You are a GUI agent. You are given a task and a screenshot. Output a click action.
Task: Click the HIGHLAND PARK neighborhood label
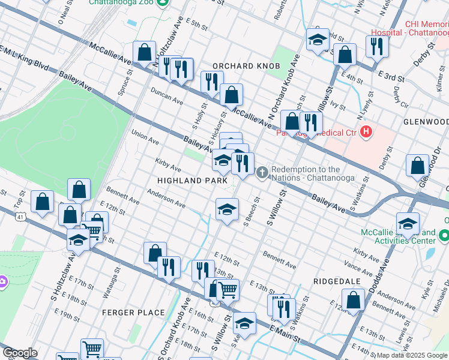(x=192, y=180)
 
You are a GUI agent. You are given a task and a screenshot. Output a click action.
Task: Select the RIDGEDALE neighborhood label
(x=336, y=281)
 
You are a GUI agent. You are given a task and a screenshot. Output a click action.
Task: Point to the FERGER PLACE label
(x=133, y=313)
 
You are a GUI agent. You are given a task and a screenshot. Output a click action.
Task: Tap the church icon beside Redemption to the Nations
(x=262, y=173)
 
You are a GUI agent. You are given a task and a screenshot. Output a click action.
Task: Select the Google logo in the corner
(x=20, y=353)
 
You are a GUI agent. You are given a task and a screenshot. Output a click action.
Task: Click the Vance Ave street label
(x=359, y=262)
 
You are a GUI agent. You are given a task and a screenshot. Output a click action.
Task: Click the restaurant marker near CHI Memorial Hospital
(x=376, y=46)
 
